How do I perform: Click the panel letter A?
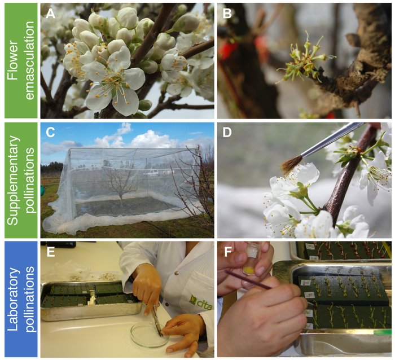(x=50, y=14)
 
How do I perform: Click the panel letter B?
(x=227, y=14)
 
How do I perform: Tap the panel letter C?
(x=50, y=132)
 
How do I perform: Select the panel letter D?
(x=227, y=132)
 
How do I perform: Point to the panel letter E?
(x=51, y=252)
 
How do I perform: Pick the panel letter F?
(x=228, y=252)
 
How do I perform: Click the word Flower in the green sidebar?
(x=13, y=60)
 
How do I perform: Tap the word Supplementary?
(x=13, y=180)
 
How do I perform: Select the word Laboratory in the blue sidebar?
(x=13, y=299)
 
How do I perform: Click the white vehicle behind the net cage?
(x=151, y=172)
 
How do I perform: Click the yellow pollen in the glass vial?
(x=249, y=271)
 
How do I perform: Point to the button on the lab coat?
(x=177, y=273)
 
